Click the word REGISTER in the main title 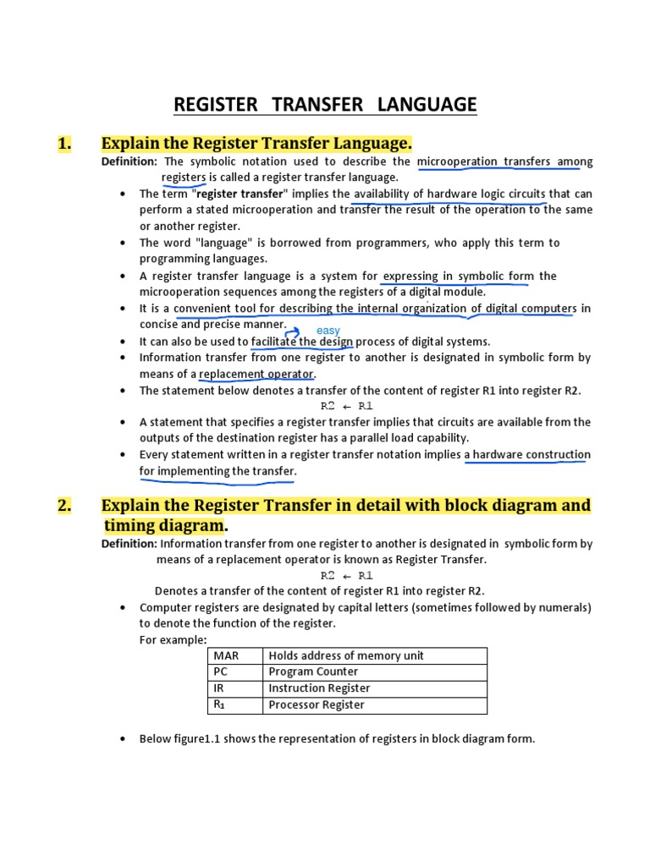tap(215, 104)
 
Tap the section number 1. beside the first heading tap(64, 143)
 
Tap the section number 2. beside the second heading tap(64, 506)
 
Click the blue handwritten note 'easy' tap(328, 330)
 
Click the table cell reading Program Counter tap(313, 671)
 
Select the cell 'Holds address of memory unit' tap(346, 655)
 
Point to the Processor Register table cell tap(317, 704)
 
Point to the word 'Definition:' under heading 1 tap(129, 162)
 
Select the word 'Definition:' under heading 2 tap(129, 544)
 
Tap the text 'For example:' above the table tap(173, 639)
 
